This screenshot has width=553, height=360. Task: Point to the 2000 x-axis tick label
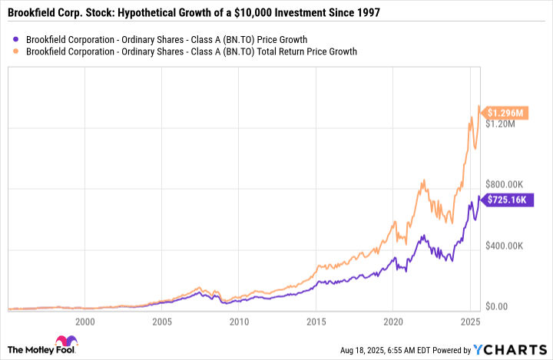click(x=84, y=322)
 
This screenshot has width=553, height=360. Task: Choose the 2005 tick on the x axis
click(x=161, y=322)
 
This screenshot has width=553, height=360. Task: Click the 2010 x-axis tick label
click(x=239, y=322)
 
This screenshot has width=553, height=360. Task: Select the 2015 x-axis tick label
click(x=316, y=322)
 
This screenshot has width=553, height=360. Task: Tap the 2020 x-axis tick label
click(x=393, y=322)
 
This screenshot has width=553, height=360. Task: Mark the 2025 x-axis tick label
click(x=470, y=322)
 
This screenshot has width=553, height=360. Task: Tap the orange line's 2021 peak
click(x=423, y=180)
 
